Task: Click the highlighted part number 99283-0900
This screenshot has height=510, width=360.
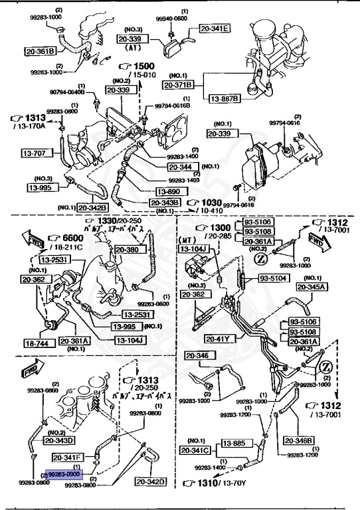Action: [64, 475]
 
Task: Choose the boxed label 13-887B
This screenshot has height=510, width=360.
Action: [225, 98]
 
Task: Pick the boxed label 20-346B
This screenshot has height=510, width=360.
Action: [299, 440]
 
